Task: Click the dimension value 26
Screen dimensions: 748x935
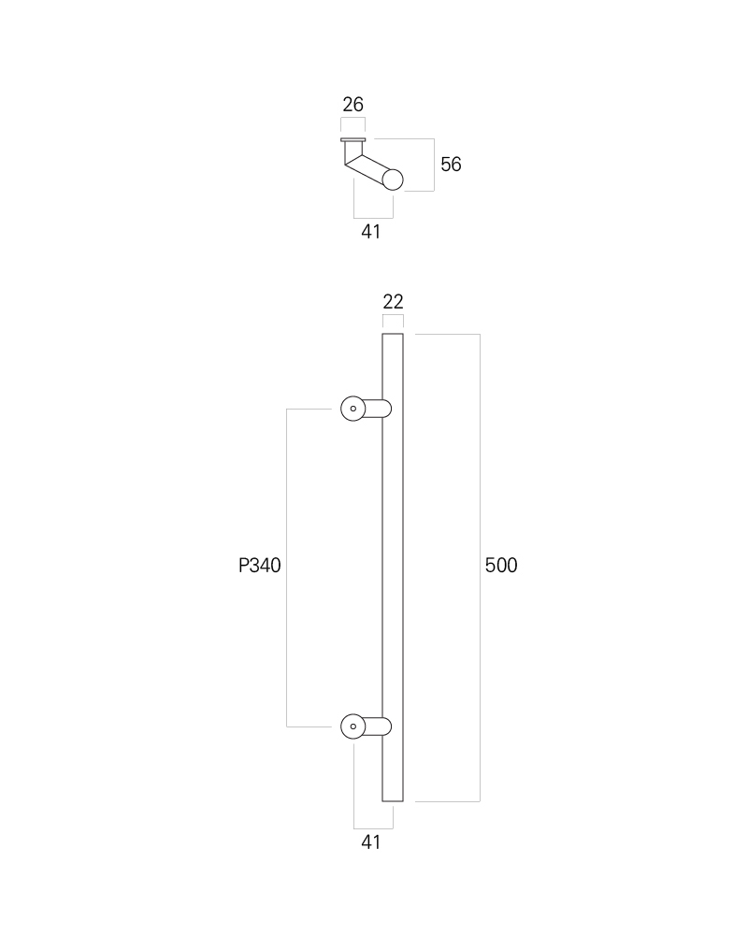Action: coord(352,105)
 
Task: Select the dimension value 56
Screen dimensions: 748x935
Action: coord(451,164)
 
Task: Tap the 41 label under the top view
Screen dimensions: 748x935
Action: coord(370,231)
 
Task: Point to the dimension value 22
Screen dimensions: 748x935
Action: coord(393,302)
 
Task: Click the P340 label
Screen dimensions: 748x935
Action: coord(260,566)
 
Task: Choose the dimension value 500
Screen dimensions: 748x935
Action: coord(501,566)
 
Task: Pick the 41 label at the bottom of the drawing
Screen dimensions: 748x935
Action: coord(370,842)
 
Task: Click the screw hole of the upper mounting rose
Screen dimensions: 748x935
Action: coord(353,409)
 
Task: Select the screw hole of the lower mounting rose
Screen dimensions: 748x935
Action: coord(353,726)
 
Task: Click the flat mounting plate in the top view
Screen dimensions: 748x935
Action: coord(353,140)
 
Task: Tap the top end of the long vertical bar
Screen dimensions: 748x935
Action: coord(393,334)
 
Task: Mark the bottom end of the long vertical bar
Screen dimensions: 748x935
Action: coord(393,801)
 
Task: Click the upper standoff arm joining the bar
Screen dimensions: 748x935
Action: coord(378,409)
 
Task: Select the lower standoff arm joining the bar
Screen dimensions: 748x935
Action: coord(378,726)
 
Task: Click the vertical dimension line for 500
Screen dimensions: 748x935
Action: coord(480,568)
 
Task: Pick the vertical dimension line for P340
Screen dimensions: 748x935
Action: coord(287,568)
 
